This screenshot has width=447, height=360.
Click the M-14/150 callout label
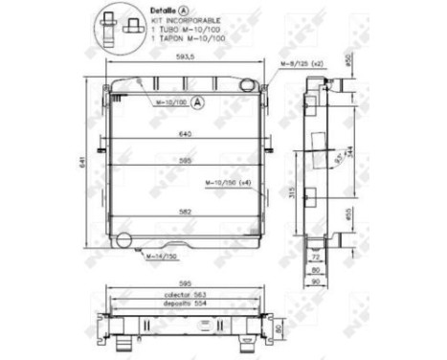[160, 258]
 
